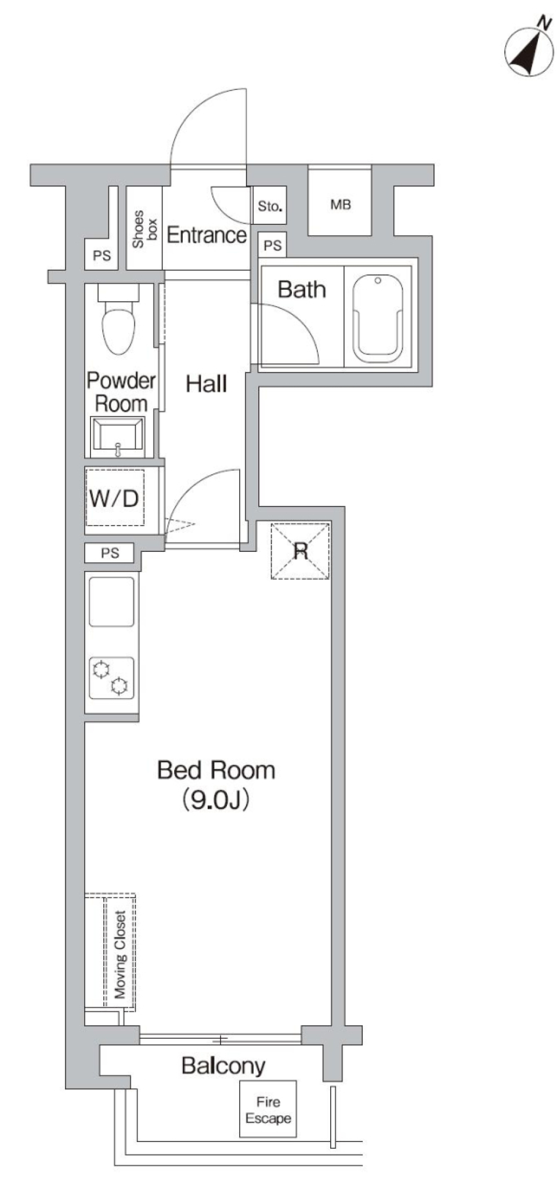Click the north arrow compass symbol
[x=529, y=52]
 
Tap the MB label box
[x=340, y=204]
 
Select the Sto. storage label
[x=270, y=206]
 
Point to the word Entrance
[x=207, y=235]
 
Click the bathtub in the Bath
[x=378, y=318]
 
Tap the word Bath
[x=301, y=289]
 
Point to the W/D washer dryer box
[x=115, y=497]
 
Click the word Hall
[x=206, y=384]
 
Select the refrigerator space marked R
[x=300, y=551]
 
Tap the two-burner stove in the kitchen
[x=111, y=678]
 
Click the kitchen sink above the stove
[x=111, y=602]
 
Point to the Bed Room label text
[x=216, y=770]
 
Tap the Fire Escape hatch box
[x=267, y=1109]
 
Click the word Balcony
[x=223, y=1065]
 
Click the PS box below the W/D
[x=110, y=553]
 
